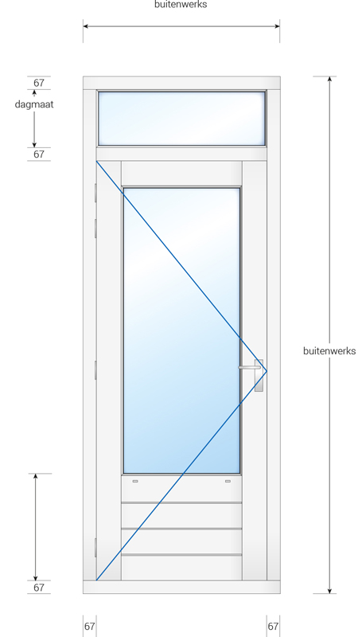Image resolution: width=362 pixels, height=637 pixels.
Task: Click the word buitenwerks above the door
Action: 181,5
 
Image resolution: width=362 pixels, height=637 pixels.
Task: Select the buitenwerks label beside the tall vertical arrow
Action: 329,351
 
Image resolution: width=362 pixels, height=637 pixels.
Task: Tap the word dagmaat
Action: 34,104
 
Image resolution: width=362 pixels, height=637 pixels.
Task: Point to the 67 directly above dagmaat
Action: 39,83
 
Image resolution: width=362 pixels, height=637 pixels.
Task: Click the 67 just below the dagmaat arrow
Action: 39,154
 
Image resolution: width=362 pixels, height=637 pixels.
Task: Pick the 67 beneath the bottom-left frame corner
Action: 90,627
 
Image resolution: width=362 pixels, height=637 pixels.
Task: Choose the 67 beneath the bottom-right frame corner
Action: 273,627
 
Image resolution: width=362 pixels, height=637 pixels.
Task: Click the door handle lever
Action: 250,368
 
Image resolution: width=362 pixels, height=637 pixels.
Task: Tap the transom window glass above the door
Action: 181,118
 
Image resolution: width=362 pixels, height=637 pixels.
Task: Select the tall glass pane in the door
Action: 181,330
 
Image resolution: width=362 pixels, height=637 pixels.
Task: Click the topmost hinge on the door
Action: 95,192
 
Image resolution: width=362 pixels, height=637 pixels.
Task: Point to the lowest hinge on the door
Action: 95,548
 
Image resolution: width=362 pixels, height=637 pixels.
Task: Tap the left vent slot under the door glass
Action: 135,481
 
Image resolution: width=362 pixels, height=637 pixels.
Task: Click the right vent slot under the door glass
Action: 228,481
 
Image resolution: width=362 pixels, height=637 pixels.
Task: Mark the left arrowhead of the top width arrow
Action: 86,26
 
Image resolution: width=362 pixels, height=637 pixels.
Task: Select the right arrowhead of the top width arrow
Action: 277,26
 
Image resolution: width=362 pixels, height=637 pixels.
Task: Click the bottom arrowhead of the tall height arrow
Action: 329,590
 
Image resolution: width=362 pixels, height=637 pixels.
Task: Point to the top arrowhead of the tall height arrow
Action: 329,79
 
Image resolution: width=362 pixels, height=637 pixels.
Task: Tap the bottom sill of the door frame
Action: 181,587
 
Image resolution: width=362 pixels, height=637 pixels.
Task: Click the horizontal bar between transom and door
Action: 181,154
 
